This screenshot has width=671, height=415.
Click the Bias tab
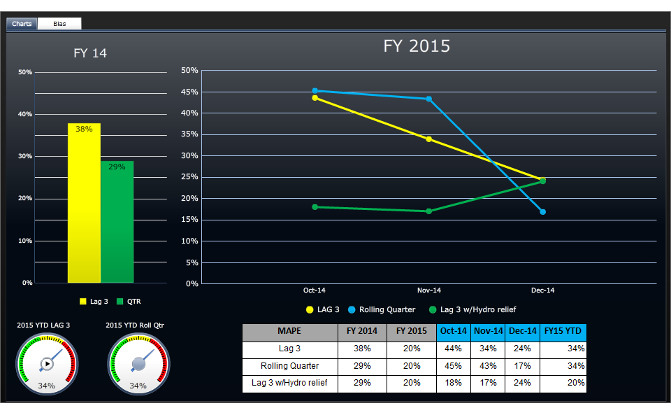(x=59, y=24)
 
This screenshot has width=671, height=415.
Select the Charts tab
(x=22, y=24)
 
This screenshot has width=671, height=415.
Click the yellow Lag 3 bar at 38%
(x=84, y=203)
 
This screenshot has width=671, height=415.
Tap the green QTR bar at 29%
(x=117, y=222)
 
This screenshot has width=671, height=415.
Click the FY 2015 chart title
(x=417, y=46)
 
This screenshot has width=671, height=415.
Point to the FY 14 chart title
(x=90, y=53)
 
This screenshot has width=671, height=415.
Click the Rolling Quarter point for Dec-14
(x=542, y=211)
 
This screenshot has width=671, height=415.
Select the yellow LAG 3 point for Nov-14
(x=428, y=139)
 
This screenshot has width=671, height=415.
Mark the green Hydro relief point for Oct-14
(x=315, y=207)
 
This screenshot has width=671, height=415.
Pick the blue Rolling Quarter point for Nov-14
(x=428, y=99)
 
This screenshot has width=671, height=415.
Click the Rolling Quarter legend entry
(x=382, y=309)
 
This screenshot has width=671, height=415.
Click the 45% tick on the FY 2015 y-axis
(x=190, y=92)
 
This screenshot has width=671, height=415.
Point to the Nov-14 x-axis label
(x=428, y=290)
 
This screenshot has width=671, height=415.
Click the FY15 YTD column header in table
(x=563, y=332)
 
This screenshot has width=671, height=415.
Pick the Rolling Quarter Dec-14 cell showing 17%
(x=522, y=366)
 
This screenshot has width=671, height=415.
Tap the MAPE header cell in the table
(x=289, y=332)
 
